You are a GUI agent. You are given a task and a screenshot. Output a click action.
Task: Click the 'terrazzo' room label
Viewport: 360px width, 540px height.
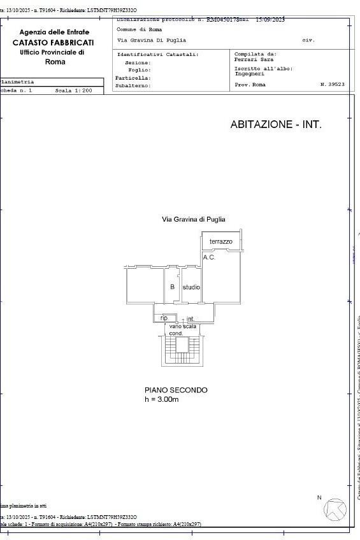click(x=221, y=242)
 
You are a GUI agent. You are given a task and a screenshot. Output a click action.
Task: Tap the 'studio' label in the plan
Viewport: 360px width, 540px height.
click(x=191, y=287)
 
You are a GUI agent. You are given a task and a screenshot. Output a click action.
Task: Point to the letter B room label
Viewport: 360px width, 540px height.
click(x=172, y=287)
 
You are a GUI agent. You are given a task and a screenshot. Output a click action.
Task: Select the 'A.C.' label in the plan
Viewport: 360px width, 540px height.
click(x=209, y=257)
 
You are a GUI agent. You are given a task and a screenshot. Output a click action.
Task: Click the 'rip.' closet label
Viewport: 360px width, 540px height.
click(x=164, y=318)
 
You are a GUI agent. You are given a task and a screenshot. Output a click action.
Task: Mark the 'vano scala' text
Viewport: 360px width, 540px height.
click(x=183, y=326)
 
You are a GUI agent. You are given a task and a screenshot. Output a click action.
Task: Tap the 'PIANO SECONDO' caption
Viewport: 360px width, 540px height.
click(x=176, y=390)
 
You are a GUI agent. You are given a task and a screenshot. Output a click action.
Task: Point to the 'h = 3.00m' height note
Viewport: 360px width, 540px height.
click(x=162, y=400)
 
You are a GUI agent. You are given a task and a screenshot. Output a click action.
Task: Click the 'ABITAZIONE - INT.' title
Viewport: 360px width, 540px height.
click(x=276, y=125)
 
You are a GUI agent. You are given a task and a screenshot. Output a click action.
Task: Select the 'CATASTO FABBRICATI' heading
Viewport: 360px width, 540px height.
click(x=54, y=42)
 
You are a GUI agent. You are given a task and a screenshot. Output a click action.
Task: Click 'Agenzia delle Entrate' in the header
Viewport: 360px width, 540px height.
click(x=54, y=32)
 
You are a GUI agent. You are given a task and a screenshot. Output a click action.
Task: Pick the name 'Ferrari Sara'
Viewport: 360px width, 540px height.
click(x=254, y=60)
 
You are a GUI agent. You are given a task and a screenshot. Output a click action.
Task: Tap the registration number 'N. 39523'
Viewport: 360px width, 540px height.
click(x=332, y=84)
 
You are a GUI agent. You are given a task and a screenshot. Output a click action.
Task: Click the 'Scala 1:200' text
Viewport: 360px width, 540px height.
click(x=73, y=91)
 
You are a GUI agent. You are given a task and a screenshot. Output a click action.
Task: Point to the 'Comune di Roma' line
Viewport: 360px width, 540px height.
click(x=139, y=29)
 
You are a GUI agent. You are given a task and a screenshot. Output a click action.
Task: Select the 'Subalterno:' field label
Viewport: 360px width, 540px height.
click(x=133, y=85)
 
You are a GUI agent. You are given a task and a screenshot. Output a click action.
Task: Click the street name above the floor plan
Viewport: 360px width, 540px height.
click(x=194, y=219)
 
